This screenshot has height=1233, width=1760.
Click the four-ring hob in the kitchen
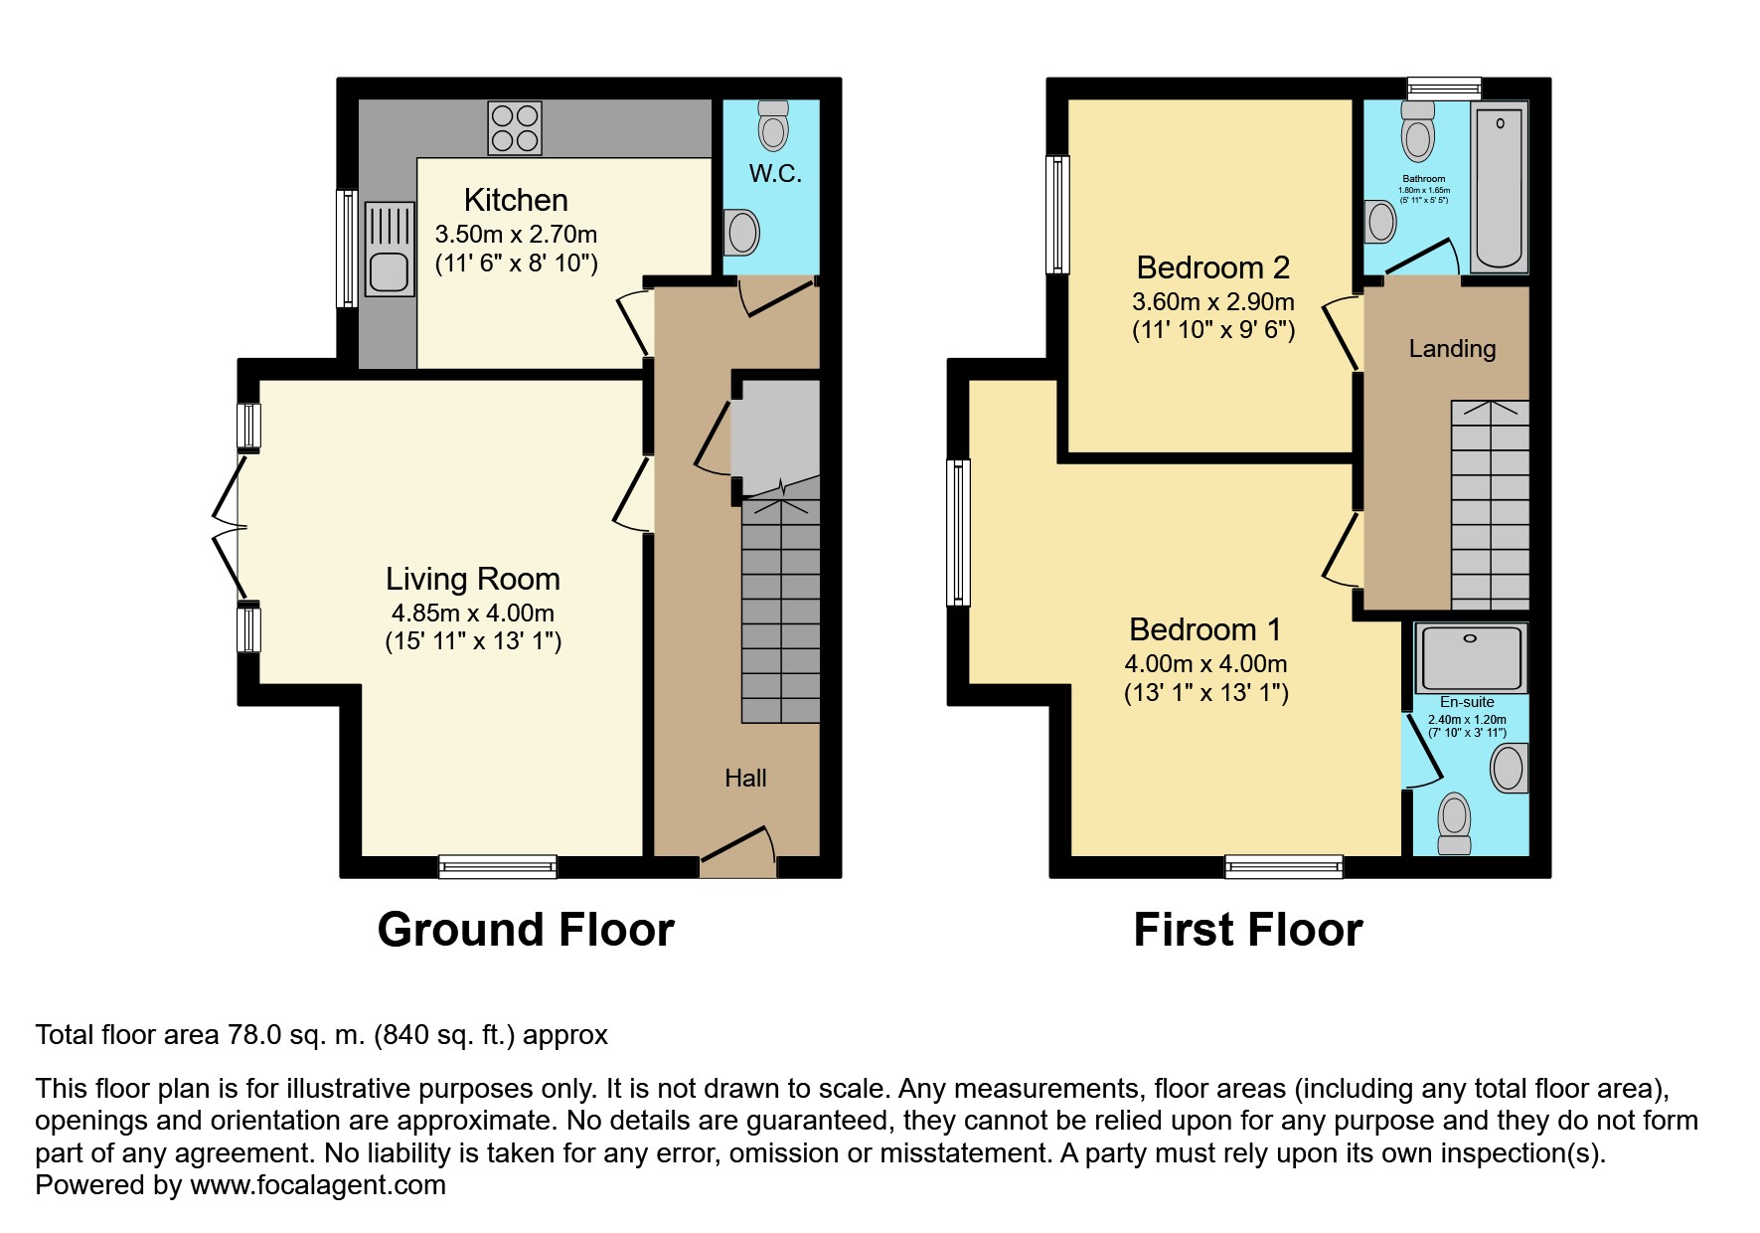click(515, 128)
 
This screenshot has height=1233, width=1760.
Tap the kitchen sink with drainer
click(389, 249)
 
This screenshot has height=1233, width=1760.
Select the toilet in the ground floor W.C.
click(772, 124)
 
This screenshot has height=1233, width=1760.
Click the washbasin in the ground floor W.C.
click(740, 233)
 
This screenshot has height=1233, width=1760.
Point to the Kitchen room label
click(516, 200)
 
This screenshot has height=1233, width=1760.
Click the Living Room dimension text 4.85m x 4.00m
click(473, 613)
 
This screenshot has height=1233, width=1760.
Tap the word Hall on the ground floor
click(745, 778)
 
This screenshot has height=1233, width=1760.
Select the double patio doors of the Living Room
click(229, 526)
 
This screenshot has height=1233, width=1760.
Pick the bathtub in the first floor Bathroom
click(1499, 187)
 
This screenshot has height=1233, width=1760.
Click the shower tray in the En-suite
click(1470, 657)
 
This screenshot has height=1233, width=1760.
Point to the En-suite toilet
click(1455, 823)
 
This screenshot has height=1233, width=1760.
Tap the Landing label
click(1452, 348)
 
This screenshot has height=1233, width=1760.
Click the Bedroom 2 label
click(1212, 267)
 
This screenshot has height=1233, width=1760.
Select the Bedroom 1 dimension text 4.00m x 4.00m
click(1205, 663)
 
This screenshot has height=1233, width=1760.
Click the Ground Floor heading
click(526, 930)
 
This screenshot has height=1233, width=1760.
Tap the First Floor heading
click(1248, 930)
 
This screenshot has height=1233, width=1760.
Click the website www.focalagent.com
click(318, 1185)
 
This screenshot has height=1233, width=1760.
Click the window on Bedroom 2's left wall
click(1058, 214)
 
